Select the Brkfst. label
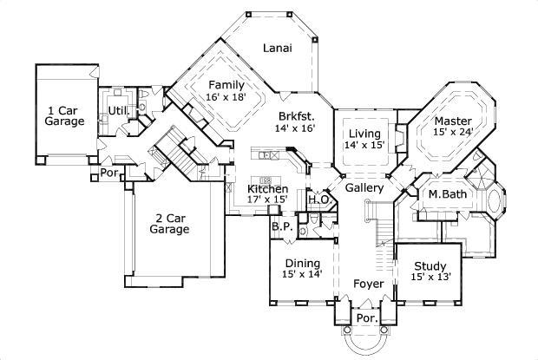296,115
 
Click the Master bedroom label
453,121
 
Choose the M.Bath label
448,194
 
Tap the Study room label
429,266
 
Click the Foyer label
368,283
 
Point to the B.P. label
280,227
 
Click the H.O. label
317,200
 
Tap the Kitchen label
268,188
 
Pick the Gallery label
364,187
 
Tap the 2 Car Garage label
168,224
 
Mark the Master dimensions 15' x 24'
453,133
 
